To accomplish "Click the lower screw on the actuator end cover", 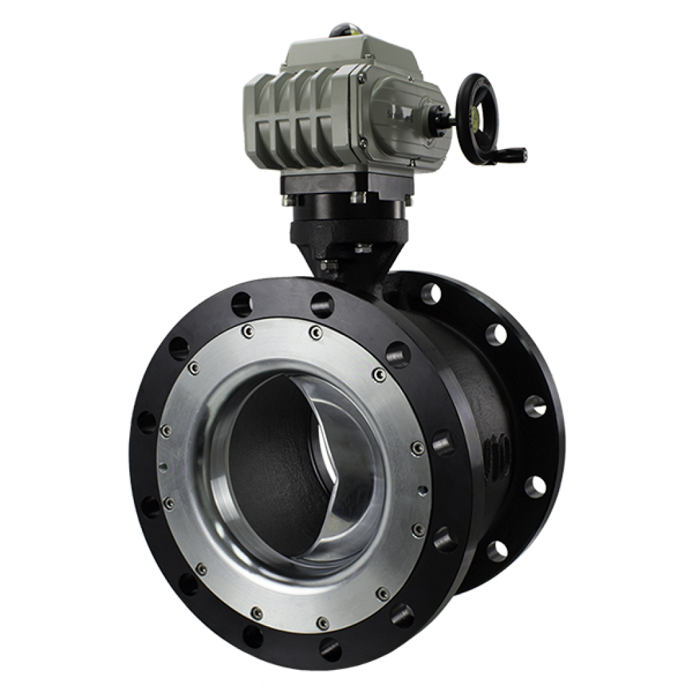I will (x=364, y=143).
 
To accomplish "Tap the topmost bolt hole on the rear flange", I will (x=430, y=292).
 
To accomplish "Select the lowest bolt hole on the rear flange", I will (x=497, y=551).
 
